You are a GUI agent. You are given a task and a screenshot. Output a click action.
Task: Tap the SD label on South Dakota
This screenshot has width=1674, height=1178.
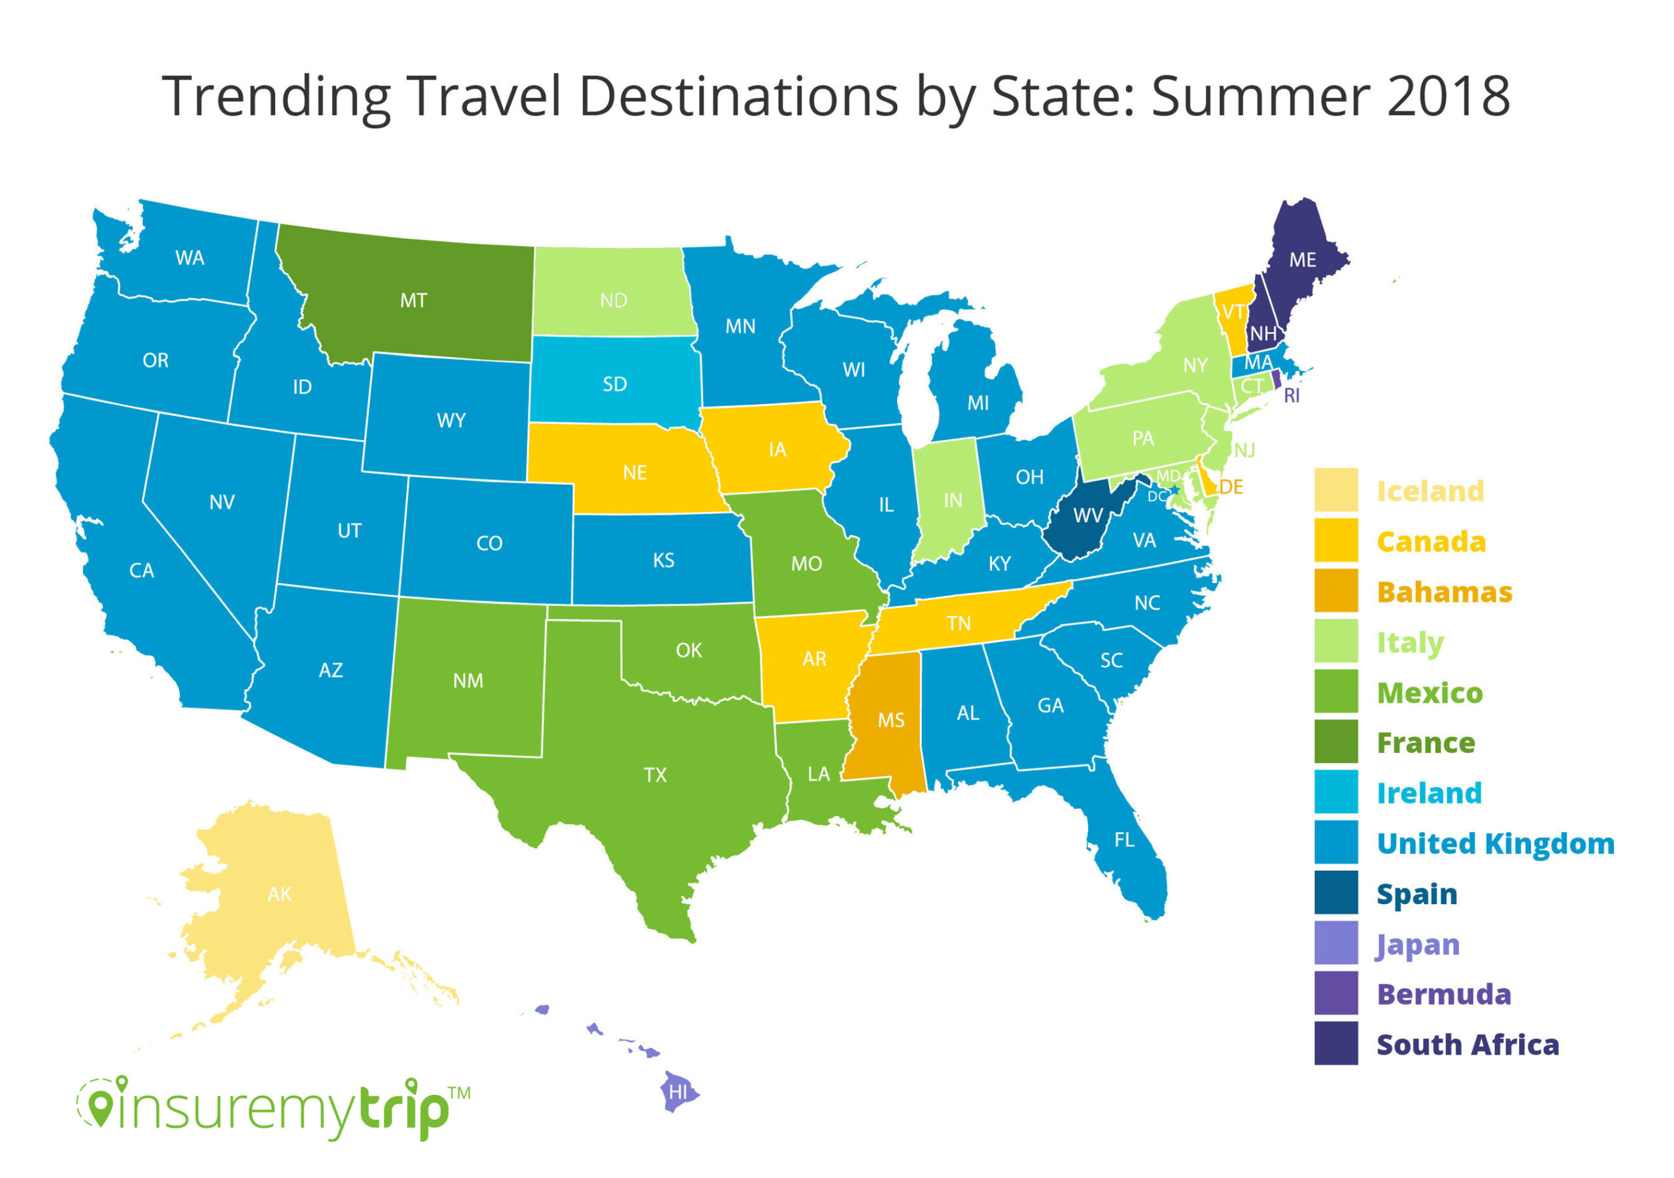coord(615,384)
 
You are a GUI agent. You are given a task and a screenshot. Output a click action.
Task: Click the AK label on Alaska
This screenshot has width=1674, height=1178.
coord(280,894)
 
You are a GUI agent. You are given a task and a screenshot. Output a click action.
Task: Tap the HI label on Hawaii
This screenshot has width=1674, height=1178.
coord(678,1091)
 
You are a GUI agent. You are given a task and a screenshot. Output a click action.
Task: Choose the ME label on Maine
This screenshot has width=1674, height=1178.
coord(1302,260)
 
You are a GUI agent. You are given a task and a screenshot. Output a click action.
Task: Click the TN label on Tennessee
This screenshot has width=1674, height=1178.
coord(959,623)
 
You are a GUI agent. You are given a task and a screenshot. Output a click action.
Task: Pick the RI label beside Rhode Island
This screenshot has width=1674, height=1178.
coord(1291,395)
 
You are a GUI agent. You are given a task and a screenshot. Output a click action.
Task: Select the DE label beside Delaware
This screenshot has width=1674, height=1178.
coord(1231,487)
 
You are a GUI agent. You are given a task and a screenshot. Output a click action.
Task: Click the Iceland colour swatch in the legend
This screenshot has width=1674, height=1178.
coord(1336,490)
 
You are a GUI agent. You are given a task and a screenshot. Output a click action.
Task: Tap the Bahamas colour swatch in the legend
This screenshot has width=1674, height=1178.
coord(1336,590)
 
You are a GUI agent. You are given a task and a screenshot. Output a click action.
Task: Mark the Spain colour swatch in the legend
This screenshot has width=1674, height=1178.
coord(1336,892)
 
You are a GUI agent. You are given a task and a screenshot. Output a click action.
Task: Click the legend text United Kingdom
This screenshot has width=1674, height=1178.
coord(1495,843)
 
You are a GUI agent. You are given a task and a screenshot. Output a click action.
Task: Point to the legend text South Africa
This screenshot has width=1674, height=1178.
coord(1467,1045)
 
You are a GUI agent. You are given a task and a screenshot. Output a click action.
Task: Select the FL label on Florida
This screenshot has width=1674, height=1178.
coord(1124,840)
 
